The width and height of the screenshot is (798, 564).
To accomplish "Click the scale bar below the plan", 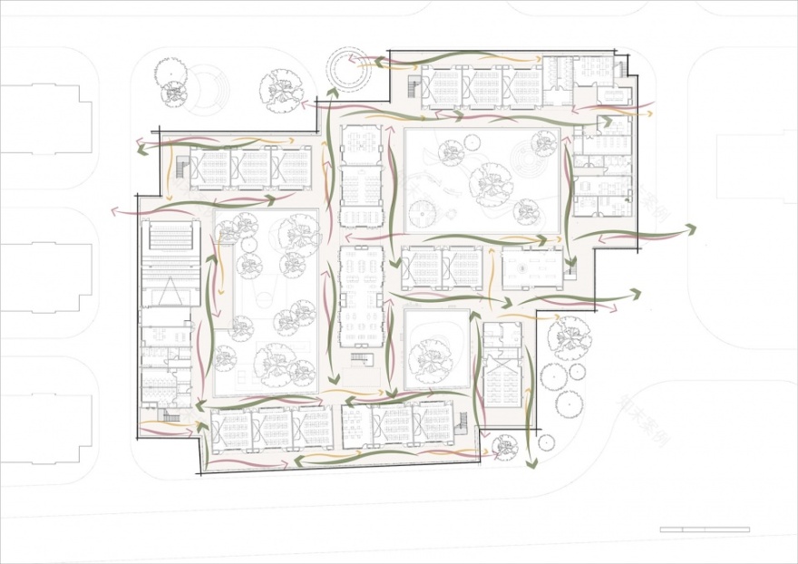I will pyautogui.click(x=705, y=529).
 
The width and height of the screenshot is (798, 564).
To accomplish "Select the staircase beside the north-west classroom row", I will pyautogui.click(x=182, y=169).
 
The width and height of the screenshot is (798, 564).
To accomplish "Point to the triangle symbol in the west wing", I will pyautogui.click(x=168, y=292).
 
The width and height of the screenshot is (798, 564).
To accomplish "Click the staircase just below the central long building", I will pyautogui.click(x=362, y=360).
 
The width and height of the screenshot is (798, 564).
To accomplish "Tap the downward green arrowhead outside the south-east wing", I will pyautogui.click(x=534, y=463).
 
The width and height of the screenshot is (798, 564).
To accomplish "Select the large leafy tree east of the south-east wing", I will pyautogui.click(x=569, y=336).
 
